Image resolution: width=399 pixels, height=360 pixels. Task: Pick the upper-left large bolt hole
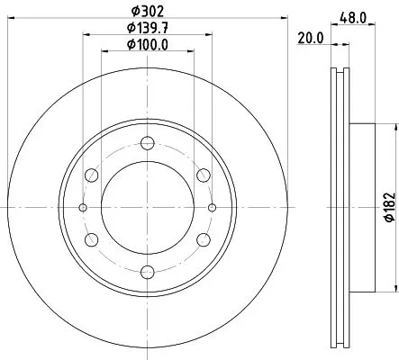click(92, 175)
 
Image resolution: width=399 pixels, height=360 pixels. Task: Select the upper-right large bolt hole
click(204, 175)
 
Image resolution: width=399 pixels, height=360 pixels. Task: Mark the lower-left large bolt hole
click(92, 240)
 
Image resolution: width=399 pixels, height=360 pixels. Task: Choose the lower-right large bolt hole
click(204, 240)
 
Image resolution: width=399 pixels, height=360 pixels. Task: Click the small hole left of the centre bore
click(83, 208)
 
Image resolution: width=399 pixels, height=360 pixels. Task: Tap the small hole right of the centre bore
click(213, 208)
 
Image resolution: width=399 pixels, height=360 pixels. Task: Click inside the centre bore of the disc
click(148, 208)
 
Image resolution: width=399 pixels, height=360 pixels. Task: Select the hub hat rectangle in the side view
click(360, 207)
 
